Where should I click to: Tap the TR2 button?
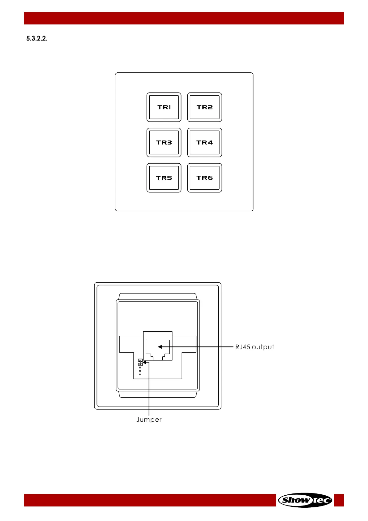tap(204, 107)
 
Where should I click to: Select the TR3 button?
tap(164, 143)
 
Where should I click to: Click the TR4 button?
tap(204, 143)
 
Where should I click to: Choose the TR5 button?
tap(164, 178)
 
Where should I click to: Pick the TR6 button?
tap(204, 178)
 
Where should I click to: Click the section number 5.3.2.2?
tap(37, 39)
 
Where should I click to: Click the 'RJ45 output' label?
tap(255, 347)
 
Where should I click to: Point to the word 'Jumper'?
tap(149, 420)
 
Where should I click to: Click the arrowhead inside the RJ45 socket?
tap(160, 347)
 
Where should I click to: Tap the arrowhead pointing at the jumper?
tap(144, 362)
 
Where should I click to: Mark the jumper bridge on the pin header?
tap(140, 362)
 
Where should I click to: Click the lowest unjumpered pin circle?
tap(140, 375)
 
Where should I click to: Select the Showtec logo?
tap(305, 500)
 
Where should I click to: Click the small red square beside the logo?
tap(339, 500)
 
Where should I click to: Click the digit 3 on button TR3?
tap(169, 143)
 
